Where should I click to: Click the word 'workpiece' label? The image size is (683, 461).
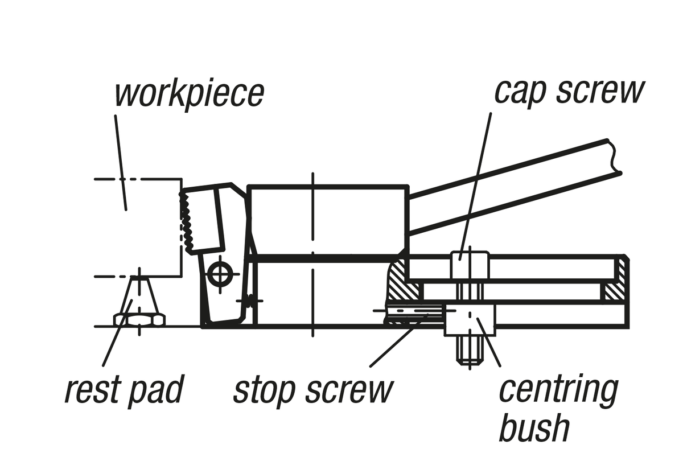click(x=190, y=94)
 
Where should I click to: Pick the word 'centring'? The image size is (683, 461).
click(x=558, y=390)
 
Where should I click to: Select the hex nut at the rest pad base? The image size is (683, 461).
click(x=139, y=319)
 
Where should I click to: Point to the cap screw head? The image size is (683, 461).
click(x=470, y=265)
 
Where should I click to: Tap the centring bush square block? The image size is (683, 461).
click(x=470, y=319)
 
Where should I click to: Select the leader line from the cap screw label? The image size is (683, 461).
click(x=478, y=182)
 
